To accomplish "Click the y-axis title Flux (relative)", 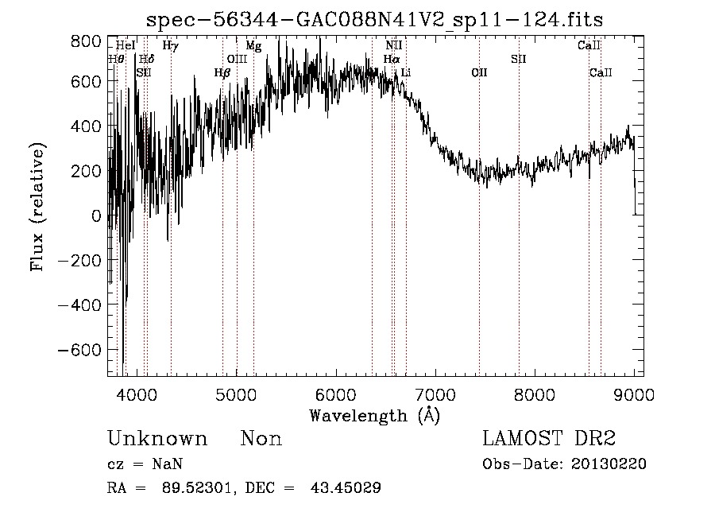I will [x=37, y=207].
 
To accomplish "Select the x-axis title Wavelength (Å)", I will [x=374, y=415].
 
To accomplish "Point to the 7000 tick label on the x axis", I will [x=435, y=394].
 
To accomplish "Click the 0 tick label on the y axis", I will [x=96, y=216].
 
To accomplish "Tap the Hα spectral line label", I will [x=392, y=59].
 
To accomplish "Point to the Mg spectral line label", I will [x=253, y=46].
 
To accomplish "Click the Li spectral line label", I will [x=406, y=73].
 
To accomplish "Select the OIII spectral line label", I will [x=237, y=59].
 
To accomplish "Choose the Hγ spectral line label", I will [x=170, y=46].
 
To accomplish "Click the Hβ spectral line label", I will [x=222, y=73].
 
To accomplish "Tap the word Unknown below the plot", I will [x=157, y=439].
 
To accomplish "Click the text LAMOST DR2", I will [x=549, y=439].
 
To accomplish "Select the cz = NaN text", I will [x=145, y=464].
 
